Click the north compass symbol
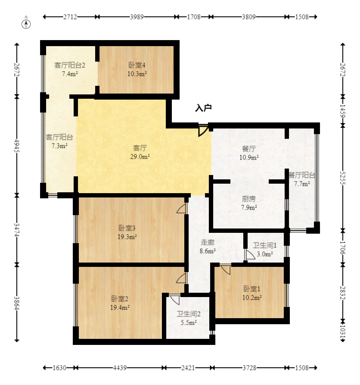[x=26, y=24]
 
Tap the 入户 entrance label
[x=203, y=108]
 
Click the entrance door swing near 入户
[x=203, y=130]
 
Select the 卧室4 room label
[x=137, y=65]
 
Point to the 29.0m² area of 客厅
[x=140, y=157]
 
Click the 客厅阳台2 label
[x=70, y=65]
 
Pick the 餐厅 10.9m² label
[x=249, y=153]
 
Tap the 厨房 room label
[x=248, y=199]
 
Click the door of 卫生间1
[x=250, y=255]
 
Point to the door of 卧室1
[x=225, y=269]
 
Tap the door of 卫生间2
[x=174, y=300]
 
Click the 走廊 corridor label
[x=208, y=243]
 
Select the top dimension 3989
[x=137, y=17]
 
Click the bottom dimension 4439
[x=120, y=368]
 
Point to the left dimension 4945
[x=17, y=146]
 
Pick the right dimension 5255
[x=343, y=178]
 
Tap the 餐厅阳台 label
[x=302, y=175]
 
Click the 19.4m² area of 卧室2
[x=120, y=307]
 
